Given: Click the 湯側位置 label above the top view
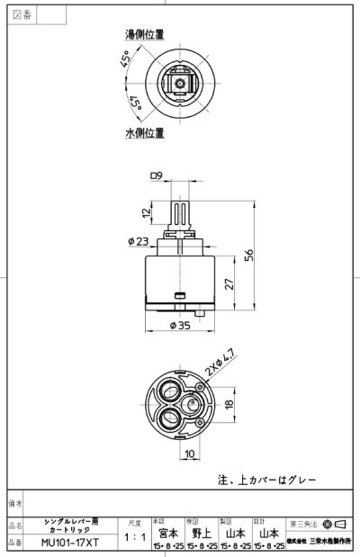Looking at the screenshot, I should pos(144,35).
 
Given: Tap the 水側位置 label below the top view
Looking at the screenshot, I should pos(144,132).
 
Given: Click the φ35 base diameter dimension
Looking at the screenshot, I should pos(180,328).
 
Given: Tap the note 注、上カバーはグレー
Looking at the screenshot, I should pos(265,480).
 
